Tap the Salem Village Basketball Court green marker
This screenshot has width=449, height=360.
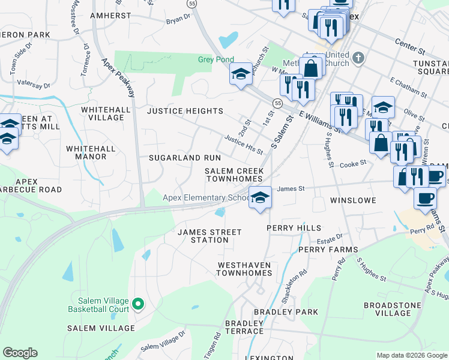click(138, 304)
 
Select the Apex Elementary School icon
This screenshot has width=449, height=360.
click(259, 197)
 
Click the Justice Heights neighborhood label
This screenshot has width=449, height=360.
click(185, 111)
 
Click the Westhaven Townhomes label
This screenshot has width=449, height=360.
click(244, 269)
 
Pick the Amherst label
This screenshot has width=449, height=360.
click(110, 15)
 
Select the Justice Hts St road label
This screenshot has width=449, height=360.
click(244, 144)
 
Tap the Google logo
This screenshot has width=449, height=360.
click(20, 353)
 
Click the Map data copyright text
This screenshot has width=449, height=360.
click(412, 355)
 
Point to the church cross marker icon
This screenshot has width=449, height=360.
click(358, 58)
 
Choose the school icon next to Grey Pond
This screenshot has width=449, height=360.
click(241, 74)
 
